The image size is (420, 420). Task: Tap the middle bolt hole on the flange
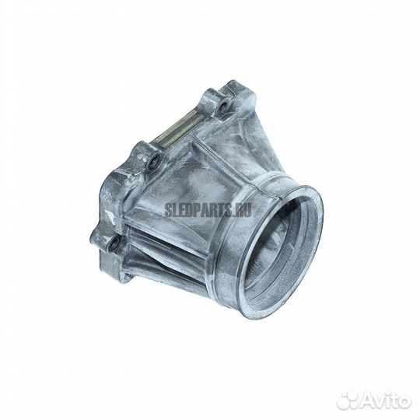click(153, 162)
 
